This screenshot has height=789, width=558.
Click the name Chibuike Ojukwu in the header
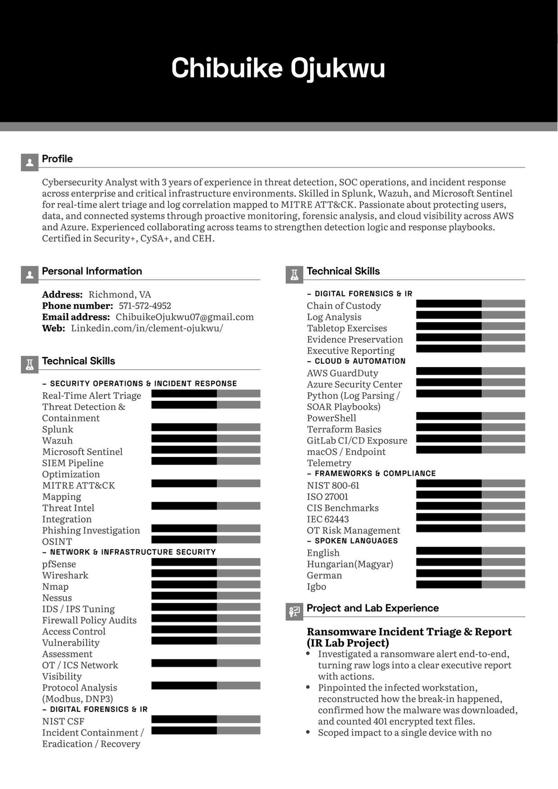click(x=278, y=68)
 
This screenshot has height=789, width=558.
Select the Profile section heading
click(x=57, y=159)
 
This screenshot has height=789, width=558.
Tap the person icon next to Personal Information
click(x=30, y=274)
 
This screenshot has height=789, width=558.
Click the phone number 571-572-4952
click(x=144, y=306)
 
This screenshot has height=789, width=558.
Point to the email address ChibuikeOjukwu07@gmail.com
click(x=184, y=317)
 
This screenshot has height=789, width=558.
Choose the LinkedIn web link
click(x=147, y=328)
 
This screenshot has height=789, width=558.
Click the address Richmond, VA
click(x=120, y=295)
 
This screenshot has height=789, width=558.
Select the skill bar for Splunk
click(x=206, y=427)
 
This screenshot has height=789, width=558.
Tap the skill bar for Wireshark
click(x=206, y=574)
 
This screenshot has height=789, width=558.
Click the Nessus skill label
click(x=57, y=598)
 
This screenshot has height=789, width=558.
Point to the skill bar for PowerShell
click(x=470, y=416)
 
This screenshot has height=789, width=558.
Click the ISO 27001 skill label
click(x=328, y=497)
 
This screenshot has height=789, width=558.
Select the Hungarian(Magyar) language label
click(x=350, y=564)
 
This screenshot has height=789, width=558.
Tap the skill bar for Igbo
click(x=470, y=585)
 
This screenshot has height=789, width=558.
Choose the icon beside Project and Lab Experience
click(x=294, y=612)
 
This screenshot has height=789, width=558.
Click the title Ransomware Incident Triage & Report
click(x=409, y=632)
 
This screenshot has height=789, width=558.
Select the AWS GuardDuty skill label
click(x=342, y=373)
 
